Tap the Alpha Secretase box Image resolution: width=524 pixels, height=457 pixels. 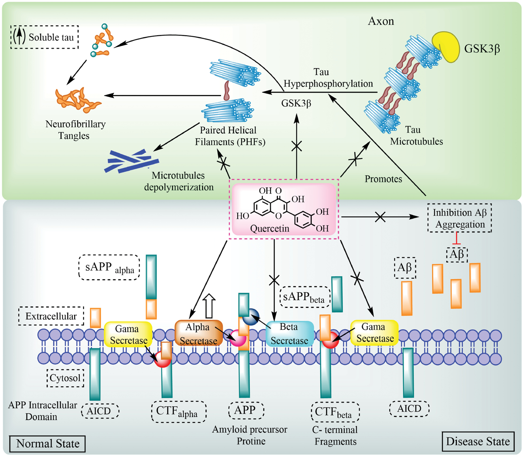[198, 333]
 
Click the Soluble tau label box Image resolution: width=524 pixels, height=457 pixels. [44, 37]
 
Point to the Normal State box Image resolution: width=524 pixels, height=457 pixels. [47, 444]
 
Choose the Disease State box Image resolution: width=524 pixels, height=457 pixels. [478, 441]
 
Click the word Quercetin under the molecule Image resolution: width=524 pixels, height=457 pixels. [269, 228]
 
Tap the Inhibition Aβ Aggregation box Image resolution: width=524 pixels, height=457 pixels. [460, 218]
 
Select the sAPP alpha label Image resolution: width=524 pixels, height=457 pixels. [109, 267]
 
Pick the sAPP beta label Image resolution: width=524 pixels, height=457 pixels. [304, 297]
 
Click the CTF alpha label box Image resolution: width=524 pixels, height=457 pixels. [178, 412]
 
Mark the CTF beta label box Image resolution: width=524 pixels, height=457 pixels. [335, 412]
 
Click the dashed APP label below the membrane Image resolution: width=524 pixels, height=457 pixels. [246, 410]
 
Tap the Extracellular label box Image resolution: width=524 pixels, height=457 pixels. [51, 316]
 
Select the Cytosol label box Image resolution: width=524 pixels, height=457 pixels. [65, 378]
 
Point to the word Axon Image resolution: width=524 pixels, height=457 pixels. [381, 21]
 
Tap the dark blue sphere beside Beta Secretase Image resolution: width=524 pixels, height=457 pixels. [251, 317]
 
